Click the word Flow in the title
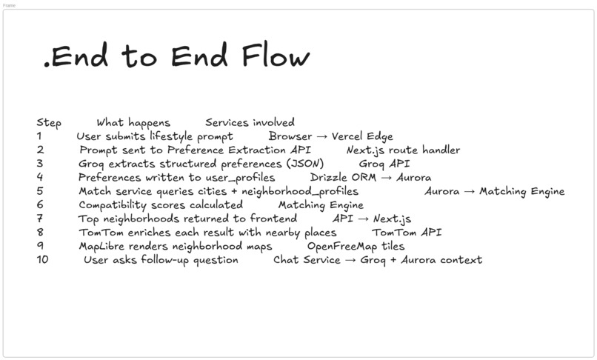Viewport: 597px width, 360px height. tap(276, 56)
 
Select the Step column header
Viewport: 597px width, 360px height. tap(49, 123)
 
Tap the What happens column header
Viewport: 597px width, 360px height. tap(133, 123)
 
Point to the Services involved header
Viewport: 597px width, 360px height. tap(250, 122)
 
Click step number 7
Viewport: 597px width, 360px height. tap(40, 219)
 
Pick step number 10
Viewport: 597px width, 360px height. tap(43, 259)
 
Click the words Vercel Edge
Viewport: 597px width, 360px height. tap(362, 136)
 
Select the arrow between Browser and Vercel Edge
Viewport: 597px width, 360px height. tap(321, 137)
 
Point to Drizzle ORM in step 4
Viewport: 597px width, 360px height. tap(343, 178)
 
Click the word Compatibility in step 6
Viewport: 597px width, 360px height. tap(113, 205)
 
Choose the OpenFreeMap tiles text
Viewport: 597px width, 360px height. tap(356, 246)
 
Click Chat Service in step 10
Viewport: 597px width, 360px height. tap(307, 260)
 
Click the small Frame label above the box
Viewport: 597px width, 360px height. tap(9, 5)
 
